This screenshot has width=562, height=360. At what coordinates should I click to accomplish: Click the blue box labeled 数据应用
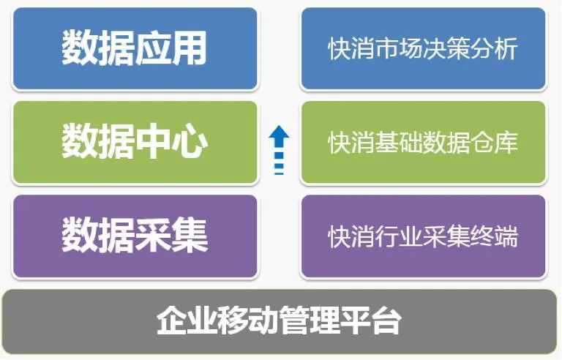click(x=135, y=49)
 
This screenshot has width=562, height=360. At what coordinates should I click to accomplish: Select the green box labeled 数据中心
click(x=135, y=143)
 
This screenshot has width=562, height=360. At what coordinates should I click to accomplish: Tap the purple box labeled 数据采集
click(x=135, y=236)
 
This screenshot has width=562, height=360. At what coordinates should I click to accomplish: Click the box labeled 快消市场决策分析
click(x=423, y=49)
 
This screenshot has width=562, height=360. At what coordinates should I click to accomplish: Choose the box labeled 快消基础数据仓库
click(x=423, y=143)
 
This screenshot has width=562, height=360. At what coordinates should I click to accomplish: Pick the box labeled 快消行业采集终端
click(x=423, y=236)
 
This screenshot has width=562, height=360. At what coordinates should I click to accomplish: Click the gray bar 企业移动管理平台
click(x=280, y=321)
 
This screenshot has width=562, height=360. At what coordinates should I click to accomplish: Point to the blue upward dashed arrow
click(x=279, y=150)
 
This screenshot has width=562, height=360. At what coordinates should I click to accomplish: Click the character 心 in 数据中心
click(x=190, y=143)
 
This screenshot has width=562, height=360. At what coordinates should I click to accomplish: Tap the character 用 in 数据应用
click(x=190, y=49)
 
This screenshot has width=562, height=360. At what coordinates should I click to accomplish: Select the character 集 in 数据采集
click(x=190, y=236)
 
